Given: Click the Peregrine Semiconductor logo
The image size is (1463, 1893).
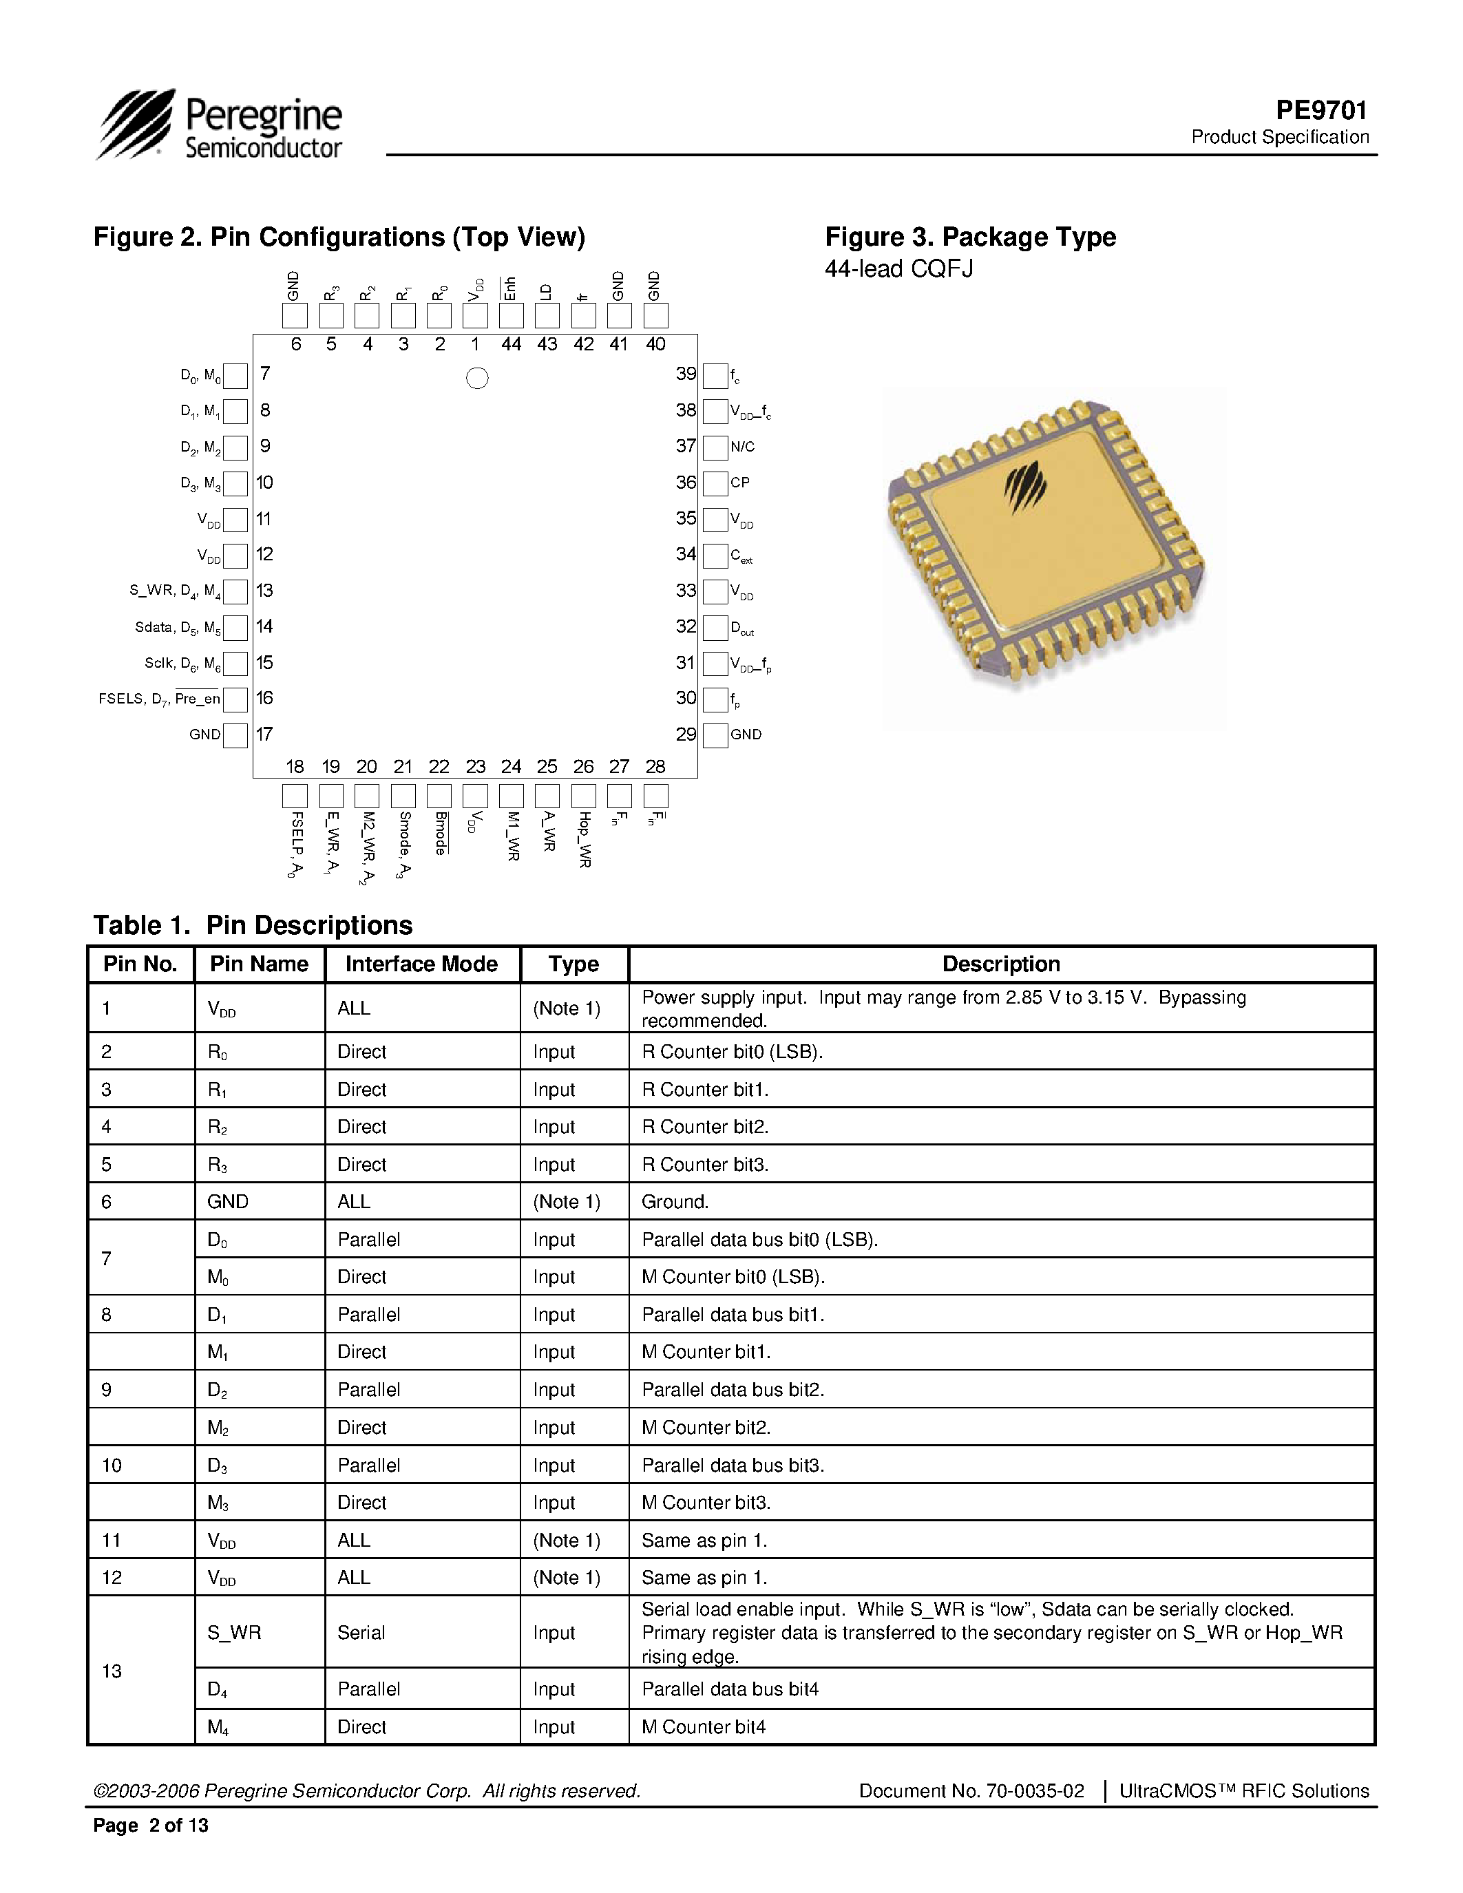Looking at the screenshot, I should click(220, 126).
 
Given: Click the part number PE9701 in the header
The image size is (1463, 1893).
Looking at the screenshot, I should click(1321, 110).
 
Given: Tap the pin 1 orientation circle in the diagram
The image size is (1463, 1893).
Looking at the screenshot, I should click(476, 378).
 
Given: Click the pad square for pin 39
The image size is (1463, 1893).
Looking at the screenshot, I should click(715, 375).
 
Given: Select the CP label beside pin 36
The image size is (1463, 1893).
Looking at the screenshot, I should click(739, 483).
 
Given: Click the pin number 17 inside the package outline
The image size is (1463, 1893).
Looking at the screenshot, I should click(264, 734).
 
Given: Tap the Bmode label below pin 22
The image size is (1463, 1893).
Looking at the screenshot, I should click(441, 833).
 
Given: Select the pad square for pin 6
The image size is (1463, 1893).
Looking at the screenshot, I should click(295, 315).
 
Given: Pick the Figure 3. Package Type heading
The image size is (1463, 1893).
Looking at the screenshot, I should click(970, 237).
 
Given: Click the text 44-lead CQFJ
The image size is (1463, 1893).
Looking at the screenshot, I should click(898, 268).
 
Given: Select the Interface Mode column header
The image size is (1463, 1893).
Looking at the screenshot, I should click(421, 964).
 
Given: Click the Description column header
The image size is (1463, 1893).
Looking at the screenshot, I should click(1000, 964).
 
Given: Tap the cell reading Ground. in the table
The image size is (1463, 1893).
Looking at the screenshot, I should click(675, 1201).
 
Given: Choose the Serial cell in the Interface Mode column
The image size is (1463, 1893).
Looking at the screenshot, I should click(361, 1632).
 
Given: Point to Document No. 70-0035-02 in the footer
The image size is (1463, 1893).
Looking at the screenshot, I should click(971, 1790).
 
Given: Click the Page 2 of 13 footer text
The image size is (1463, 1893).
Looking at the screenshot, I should click(151, 1826).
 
